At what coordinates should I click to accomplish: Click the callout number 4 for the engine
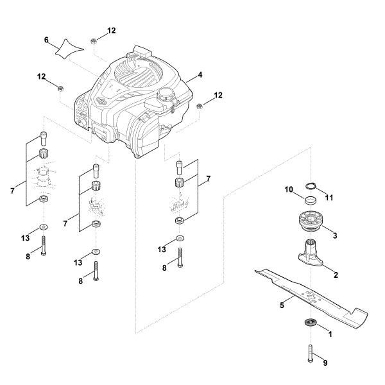[x=200, y=75]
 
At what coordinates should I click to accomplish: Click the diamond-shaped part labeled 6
[x=71, y=48]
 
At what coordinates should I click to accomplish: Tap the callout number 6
[x=46, y=40]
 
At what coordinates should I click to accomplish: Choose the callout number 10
[x=289, y=189]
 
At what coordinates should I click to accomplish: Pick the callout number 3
[x=334, y=236]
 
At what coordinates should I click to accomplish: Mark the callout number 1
[x=330, y=334]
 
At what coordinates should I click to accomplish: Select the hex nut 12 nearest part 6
[x=93, y=41]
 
